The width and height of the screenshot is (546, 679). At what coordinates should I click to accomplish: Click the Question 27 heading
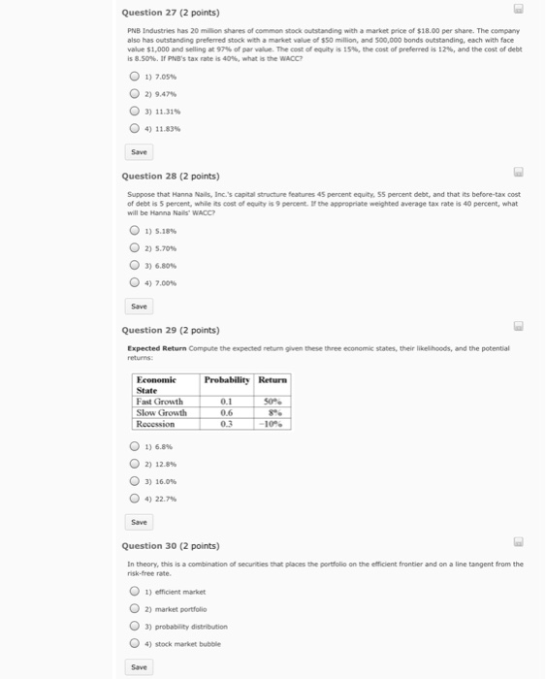pyautogui.click(x=170, y=13)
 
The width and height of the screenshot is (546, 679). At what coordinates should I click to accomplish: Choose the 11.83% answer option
pyautogui.click(x=135, y=128)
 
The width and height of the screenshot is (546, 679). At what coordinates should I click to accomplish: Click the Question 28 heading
pyautogui.click(x=170, y=177)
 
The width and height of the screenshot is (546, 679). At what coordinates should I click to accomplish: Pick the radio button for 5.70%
pyautogui.click(x=135, y=247)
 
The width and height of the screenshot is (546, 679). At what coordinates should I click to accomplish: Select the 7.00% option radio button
pyautogui.click(x=135, y=281)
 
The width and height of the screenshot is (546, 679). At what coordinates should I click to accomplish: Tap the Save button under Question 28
pyautogui.click(x=140, y=306)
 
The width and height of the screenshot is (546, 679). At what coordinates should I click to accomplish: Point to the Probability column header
pyautogui.click(x=227, y=379)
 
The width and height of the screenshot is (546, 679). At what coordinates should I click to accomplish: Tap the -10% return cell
pyautogui.click(x=273, y=423)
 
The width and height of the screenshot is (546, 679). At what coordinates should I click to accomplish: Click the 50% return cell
pyautogui.click(x=273, y=401)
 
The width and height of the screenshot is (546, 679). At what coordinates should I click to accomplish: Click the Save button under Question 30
pyautogui.click(x=140, y=667)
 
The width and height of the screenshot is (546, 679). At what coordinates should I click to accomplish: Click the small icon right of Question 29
pyautogui.click(x=519, y=327)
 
